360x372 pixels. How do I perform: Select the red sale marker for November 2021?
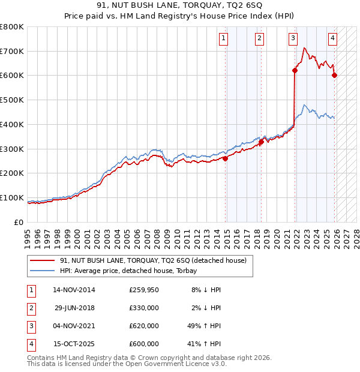click(295, 71)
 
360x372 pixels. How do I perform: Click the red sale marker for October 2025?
click(334, 75)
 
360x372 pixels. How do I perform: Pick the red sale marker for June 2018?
click(261, 142)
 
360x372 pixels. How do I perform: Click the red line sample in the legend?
click(43, 260)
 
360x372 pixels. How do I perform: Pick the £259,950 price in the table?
click(144, 290)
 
